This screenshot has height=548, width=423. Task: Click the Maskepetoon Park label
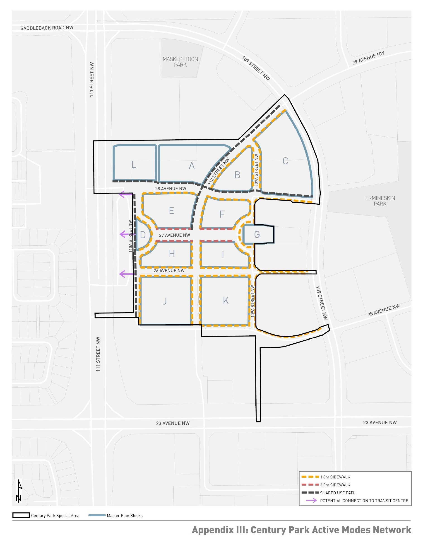click(x=180, y=62)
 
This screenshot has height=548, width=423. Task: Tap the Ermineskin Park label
click(x=380, y=201)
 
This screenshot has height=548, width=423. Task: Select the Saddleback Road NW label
click(x=47, y=28)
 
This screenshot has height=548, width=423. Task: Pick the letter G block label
click(x=257, y=234)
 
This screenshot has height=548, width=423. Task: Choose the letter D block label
click(x=143, y=235)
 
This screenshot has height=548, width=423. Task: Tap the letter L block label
click(x=134, y=165)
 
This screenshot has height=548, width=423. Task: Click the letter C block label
click(x=285, y=161)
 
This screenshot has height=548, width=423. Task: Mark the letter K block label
click(x=226, y=301)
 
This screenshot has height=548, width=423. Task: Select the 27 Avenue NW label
click(x=175, y=235)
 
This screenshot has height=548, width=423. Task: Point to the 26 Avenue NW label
click(x=169, y=271)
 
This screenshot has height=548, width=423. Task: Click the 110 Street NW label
click(x=219, y=171)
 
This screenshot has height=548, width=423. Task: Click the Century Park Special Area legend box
click(x=21, y=515)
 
